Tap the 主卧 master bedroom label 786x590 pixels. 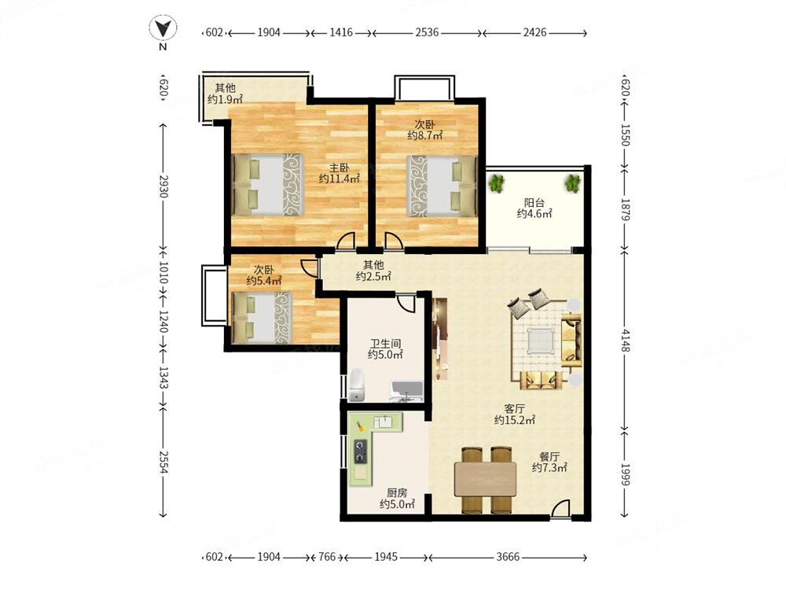(339, 168)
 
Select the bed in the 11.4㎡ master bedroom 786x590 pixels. (268, 185)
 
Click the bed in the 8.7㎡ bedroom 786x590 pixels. (441, 186)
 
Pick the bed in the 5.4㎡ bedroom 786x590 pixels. (262, 318)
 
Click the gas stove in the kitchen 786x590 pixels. (361, 452)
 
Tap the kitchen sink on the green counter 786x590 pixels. (385, 422)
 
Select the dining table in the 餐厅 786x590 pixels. (485, 479)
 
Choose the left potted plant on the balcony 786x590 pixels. (497, 183)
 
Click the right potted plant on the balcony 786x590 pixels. (572, 183)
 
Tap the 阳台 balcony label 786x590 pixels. (534, 203)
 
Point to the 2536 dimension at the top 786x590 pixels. (427, 32)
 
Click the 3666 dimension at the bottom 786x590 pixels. (507, 557)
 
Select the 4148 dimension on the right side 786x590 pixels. (625, 340)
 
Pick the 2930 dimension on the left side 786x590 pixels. (163, 186)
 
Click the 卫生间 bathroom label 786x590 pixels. (385, 344)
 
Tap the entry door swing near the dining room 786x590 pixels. (560, 508)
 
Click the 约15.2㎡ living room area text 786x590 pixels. (514, 420)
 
